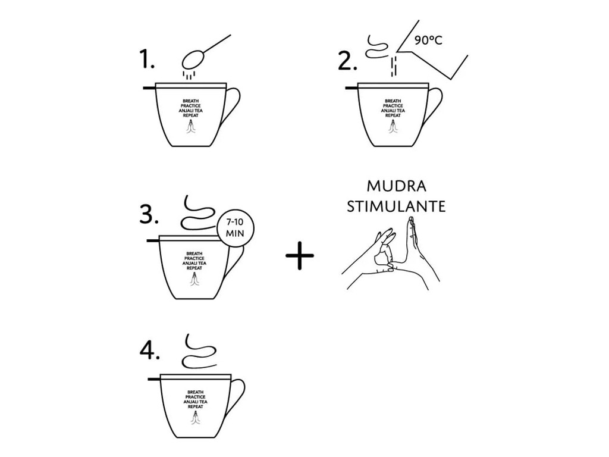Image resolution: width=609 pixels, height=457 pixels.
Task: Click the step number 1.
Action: click(147, 61)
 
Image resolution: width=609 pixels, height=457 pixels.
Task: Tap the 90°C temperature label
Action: click(428, 40)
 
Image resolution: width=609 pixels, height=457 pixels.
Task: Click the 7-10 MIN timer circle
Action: click(235, 228)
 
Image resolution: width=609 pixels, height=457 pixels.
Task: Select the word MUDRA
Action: click(397, 186)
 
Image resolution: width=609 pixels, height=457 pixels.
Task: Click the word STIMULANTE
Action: click(396, 206)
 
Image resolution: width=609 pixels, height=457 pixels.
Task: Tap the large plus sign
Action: click(300, 256)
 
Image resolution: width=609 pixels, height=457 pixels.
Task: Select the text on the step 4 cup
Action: click(195, 399)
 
